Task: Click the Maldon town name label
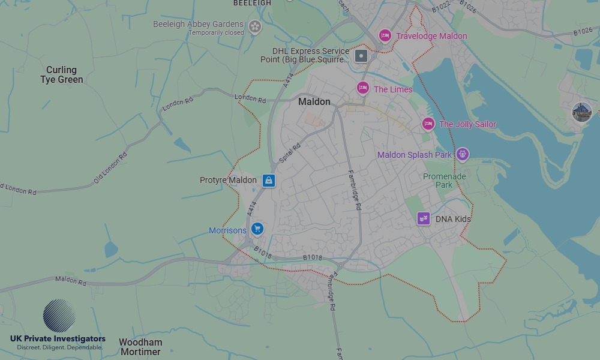pos(314,102)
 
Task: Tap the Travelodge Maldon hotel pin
pos(385,36)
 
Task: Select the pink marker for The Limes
pos(362,89)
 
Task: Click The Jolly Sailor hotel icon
pos(428,124)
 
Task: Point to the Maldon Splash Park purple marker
pos(462,155)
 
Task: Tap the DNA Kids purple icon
pos(424,218)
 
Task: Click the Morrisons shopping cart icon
pos(257,229)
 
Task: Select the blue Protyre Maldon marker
pos(268,180)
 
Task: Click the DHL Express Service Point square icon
pos(361,56)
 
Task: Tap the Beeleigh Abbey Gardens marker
pos(255,26)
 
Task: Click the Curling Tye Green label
pos(62,75)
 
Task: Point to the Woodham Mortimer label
pos(140,347)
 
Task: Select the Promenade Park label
pos(444,181)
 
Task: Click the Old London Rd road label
pos(110,167)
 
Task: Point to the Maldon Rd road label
pos(71,280)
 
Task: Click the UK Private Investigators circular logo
pos(59,316)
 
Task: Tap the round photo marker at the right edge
pos(581,112)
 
